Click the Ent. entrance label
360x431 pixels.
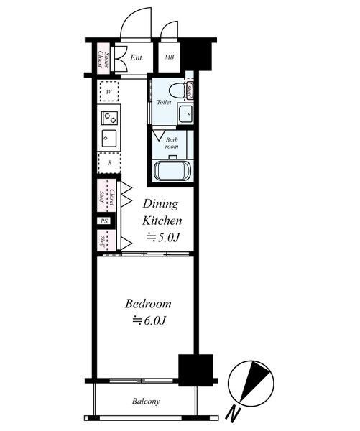tap(137, 57)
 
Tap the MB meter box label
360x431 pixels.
tap(169, 57)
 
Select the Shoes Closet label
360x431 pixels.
tap(103, 60)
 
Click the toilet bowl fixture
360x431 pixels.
tap(177, 90)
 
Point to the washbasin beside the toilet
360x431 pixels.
tap(185, 113)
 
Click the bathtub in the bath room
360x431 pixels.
tap(172, 171)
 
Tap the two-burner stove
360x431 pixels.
tap(109, 118)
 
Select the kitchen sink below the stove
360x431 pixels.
tap(109, 138)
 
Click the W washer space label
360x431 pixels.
tap(109, 92)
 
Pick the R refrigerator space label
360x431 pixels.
tap(109, 163)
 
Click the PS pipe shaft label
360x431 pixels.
tap(104, 221)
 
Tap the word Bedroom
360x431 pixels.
tap(148, 304)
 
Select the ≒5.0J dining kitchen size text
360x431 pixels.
tap(163, 238)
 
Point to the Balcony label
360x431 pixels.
tap(146, 402)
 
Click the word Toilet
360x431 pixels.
tap(164, 102)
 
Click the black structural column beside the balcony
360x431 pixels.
tap(196, 370)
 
